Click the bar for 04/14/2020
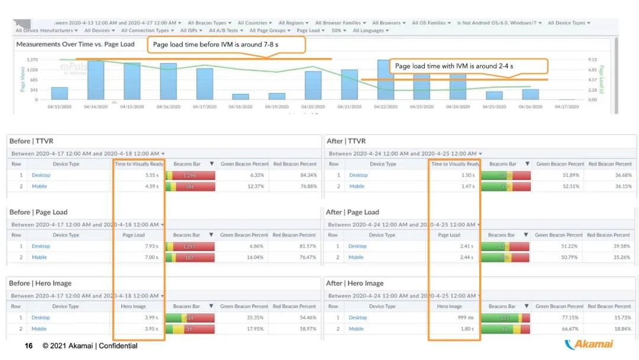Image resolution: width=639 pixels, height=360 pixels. coord(96,80)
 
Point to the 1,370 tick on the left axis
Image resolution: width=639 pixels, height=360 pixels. coord(32,60)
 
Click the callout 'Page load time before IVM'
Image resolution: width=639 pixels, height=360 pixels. coord(226,44)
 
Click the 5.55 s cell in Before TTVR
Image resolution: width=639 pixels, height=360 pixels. coord(150,175)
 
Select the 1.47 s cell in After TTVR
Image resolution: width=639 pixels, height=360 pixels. coord(467,187)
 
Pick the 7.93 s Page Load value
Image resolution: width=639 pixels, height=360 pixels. coord(150,246)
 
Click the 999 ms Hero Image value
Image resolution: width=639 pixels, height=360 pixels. coord(465,317)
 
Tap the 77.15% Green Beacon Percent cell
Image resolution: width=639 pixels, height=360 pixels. coord(572,317)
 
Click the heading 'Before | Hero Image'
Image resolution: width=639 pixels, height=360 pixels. coord(40,284)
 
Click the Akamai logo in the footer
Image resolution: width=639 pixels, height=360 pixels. coord(589,345)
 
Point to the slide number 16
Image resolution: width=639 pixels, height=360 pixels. coord(28,346)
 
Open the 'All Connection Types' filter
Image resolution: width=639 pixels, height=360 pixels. coord(147,30)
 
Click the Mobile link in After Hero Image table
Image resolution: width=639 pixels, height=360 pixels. coord(356,329)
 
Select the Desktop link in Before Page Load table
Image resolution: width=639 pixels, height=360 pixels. coord(41,246)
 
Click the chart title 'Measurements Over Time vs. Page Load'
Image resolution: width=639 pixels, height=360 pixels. coord(76,44)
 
